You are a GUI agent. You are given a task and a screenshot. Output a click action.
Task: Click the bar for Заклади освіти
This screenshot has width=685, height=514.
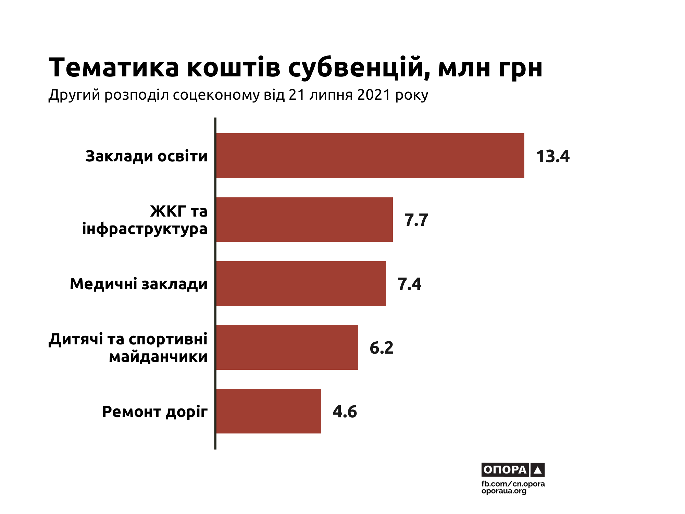(370, 156)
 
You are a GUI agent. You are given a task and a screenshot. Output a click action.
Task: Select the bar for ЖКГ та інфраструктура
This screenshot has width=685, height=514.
(304, 220)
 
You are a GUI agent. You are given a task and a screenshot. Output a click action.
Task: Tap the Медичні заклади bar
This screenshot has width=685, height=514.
(301, 283)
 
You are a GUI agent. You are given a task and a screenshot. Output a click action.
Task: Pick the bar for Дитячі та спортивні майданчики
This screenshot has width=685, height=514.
(287, 347)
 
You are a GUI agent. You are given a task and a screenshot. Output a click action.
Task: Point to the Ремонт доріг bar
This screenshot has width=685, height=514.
(269, 411)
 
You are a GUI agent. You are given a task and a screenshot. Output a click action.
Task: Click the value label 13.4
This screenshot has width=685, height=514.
(553, 156)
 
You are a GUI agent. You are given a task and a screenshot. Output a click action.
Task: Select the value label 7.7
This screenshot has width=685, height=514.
(416, 220)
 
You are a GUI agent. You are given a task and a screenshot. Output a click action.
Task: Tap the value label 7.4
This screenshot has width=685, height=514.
(409, 284)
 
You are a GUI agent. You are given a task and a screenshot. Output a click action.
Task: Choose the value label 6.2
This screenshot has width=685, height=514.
(382, 348)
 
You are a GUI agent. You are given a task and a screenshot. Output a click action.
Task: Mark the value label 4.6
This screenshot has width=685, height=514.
(345, 412)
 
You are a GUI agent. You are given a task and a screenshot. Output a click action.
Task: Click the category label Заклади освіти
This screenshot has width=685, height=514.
(147, 156)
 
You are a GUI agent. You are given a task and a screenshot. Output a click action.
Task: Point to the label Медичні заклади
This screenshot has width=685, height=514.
(139, 284)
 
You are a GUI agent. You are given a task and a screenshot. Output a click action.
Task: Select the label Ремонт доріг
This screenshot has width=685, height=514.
(155, 412)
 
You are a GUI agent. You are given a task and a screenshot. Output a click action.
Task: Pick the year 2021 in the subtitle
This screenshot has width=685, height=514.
(374, 95)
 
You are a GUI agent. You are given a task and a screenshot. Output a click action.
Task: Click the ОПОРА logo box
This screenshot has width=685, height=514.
(505, 469)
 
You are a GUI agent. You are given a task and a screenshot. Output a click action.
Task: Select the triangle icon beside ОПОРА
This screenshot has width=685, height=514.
(537, 470)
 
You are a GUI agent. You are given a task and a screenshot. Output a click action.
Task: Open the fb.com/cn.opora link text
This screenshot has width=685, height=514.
(513, 484)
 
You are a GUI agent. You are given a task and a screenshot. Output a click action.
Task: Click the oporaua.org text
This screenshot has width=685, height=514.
(503, 491)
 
